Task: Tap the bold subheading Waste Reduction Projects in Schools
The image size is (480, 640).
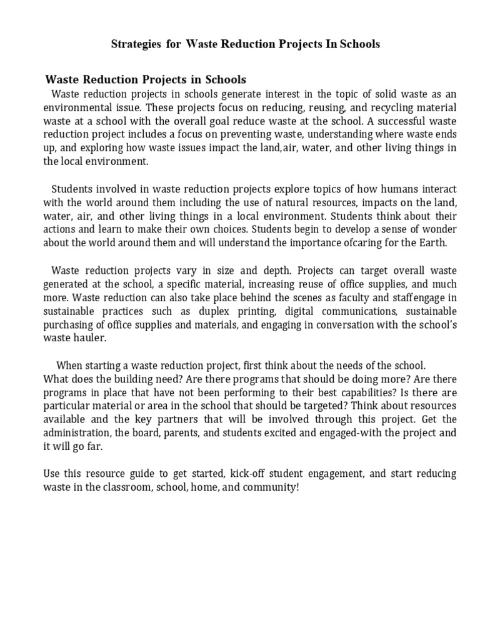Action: [146, 80]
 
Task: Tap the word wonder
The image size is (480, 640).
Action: [439, 229]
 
